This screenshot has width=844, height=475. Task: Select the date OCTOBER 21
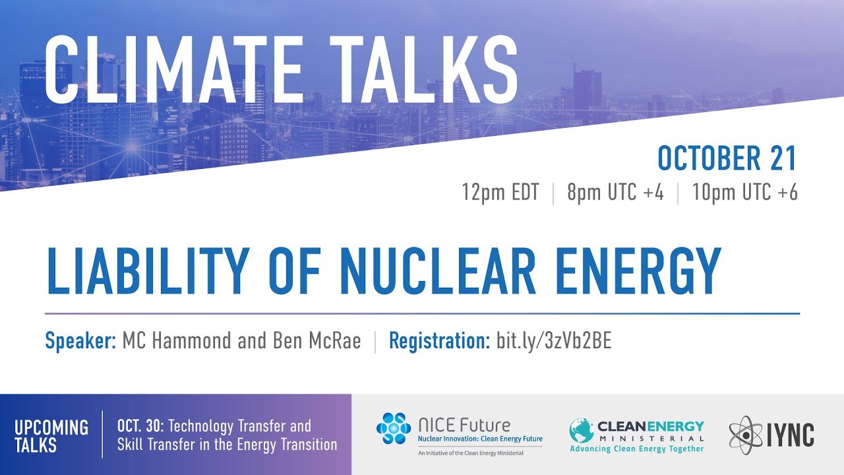point(727,159)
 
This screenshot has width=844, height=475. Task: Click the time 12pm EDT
point(500,193)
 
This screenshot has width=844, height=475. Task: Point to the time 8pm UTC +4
point(615,193)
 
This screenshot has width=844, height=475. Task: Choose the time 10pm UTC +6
point(744,193)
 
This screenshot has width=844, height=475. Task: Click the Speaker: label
point(80,341)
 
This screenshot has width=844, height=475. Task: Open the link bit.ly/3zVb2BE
point(554,341)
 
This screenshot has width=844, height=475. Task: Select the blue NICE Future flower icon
point(394,429)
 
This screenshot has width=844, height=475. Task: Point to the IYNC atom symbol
point(746,434)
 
